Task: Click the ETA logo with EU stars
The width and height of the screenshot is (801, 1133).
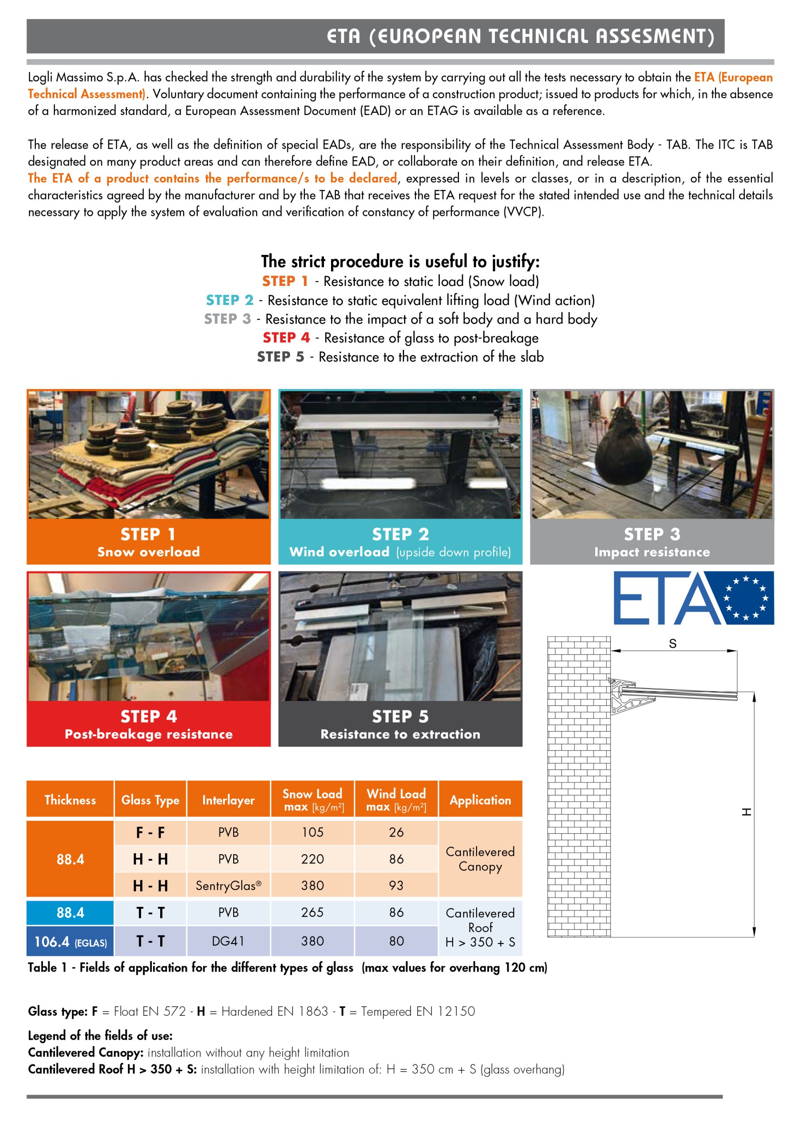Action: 693,597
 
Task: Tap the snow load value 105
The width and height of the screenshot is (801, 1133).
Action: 312,832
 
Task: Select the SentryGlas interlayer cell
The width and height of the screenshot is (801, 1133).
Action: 228,885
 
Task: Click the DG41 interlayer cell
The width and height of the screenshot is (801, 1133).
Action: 228,941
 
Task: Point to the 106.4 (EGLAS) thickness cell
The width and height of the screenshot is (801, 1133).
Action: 70,941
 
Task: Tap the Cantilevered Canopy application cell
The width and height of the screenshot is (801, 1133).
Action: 480,859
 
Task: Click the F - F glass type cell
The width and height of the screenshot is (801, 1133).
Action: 150,832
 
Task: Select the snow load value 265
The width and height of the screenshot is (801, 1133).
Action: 312,913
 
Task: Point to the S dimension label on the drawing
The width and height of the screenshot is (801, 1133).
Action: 672,644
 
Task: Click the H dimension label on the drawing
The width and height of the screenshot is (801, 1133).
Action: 746,812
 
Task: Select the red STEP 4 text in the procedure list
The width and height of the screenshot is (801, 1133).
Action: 286,338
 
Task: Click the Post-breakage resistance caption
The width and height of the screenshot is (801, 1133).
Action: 149,734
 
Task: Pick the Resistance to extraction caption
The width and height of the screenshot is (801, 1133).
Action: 400,734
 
